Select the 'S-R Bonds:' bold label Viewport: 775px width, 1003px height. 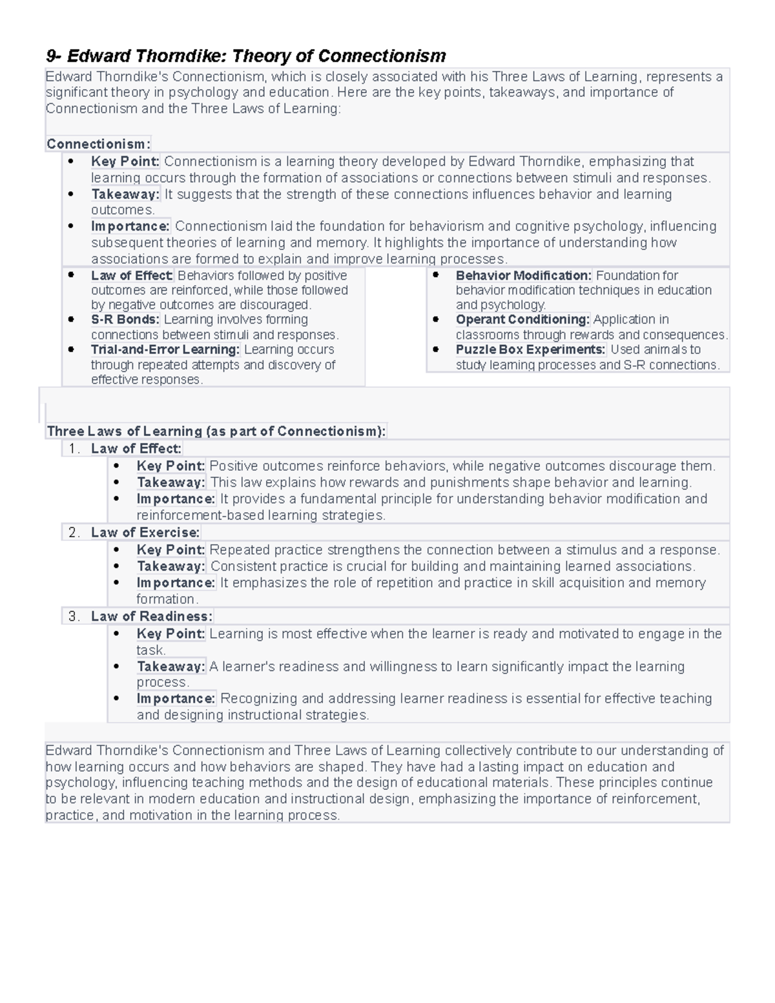click(x=125, y=320)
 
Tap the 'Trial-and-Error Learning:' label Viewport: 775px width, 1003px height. click(x=165, y=349)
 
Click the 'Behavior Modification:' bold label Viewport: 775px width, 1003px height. click(x=523, y=276)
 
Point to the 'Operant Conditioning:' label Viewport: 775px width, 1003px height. click(x=522, y=320)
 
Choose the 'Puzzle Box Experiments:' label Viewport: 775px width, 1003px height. click(x=530, y=349)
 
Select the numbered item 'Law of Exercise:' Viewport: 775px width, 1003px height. click(x=145, y=533)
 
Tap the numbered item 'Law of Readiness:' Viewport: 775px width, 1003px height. click(x=152, y=617)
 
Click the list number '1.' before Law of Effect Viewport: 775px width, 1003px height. click(x=74, y=449)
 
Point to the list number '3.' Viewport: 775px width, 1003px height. click(x=74, y=617)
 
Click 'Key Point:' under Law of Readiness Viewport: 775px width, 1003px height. click(x=170, y=634)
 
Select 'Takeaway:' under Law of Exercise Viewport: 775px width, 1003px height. click(x=170, y=566)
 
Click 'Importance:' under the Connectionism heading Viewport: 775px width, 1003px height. click(x=130, y=227)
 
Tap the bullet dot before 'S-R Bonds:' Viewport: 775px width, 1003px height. click(x=72, y=319)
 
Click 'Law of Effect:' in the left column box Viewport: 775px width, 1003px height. click(x=132, y=276)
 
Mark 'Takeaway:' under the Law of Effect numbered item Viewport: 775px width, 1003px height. click(x=170, y=482)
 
